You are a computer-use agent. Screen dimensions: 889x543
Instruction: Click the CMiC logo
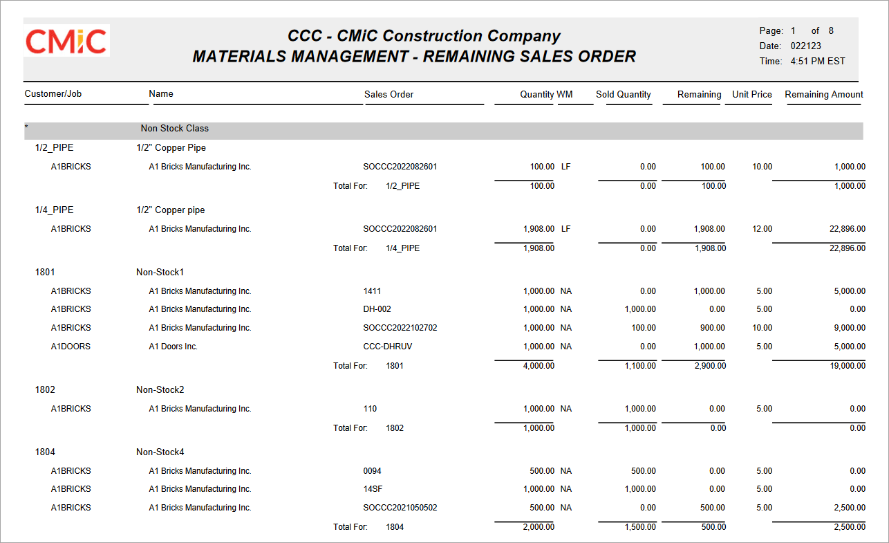point(66,41)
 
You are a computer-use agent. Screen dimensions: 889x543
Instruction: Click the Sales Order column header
point(389,95)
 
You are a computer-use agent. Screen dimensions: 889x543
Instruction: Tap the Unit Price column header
point(751,95)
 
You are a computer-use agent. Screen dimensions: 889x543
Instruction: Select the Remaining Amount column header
point(824,95)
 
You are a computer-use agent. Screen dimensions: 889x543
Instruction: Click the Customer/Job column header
point(53,94)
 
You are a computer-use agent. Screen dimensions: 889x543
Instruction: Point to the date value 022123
point(805,46)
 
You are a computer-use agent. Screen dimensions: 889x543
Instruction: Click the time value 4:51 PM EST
point(818,61)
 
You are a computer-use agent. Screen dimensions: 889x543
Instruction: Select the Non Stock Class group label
point(175,128)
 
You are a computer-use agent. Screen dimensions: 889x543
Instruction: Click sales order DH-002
point(377,309)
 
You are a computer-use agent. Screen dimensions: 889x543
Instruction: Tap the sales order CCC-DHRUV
point(387,347)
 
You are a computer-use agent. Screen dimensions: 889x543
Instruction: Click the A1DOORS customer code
point(71,347)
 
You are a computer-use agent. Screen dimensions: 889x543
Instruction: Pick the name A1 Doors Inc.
point(173,347)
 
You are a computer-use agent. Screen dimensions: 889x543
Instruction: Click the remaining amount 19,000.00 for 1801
point(848,366)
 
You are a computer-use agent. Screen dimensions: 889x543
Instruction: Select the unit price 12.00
point(762,229)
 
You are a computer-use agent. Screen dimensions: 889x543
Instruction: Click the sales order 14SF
point(373,489)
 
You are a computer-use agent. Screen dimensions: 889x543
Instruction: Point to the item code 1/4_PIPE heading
point(54,210)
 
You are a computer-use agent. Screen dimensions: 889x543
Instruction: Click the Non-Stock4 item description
point(160,452)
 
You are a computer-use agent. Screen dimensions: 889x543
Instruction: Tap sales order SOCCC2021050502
point(400,508)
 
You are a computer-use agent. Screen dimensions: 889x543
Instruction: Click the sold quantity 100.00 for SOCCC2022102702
point(644,328)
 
